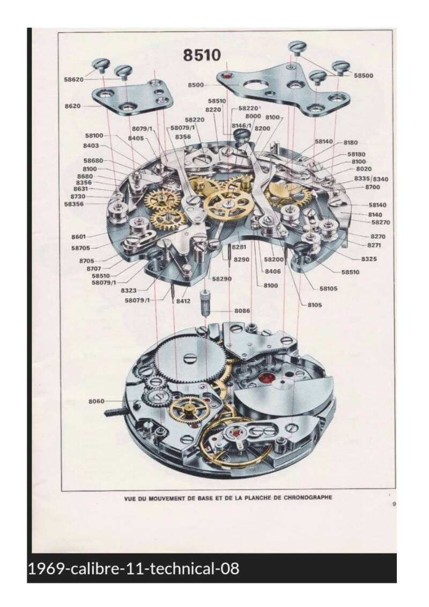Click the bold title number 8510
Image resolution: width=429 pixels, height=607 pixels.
pyautogui.click(x=202, y=55)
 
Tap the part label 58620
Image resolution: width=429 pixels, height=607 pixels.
pyautogui.click(x=73, y=79)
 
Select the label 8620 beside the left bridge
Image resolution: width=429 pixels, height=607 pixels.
pyautogui.click(x=72, y=106)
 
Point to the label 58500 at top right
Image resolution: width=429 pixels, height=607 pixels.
pyautogui.click(x=364, y=76)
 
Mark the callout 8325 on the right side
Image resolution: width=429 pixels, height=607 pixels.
pyautogui.click(x=368, y=259)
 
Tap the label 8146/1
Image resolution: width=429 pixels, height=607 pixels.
pyautogui.click(x=241, y=125)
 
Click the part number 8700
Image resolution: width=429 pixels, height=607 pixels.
pyautogui.click(x=372, y=187)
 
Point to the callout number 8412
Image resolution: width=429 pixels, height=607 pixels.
pyautogui.click(x=183, y=301)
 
